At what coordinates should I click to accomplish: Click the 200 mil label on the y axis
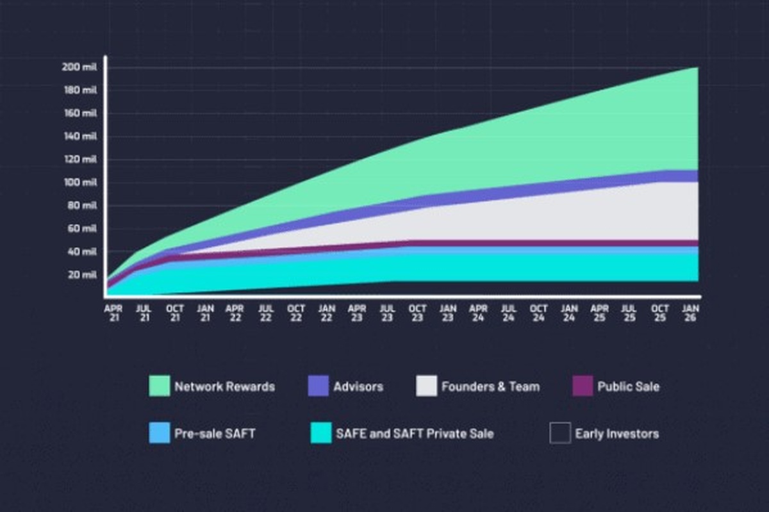tap(79, 67)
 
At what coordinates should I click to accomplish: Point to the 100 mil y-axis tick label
tap(79, 183)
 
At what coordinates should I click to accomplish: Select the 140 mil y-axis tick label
tap(79, 136)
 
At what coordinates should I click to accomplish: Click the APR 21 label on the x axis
tap(113, 313)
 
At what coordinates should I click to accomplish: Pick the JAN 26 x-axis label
tap(691, 313)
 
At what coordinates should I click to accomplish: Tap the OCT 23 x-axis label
tap(417, 313)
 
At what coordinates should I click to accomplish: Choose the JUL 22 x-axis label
tap(265, 313)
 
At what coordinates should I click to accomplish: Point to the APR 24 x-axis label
tap(478, 313)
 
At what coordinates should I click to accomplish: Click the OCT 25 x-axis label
tap(660, 313)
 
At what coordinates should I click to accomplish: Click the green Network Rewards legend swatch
tap(160, 386)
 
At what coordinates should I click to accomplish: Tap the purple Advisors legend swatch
tap(318, 386)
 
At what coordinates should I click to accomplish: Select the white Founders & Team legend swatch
tap(426, 386)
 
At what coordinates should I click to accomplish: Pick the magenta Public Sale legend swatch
tap(583, 386)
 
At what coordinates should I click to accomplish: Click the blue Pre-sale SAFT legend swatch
tap(160, 433)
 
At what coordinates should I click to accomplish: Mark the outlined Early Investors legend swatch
tap(559, 433)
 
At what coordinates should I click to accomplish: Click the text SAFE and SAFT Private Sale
tap(415, 434)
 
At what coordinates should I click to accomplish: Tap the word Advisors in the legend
tap(358, 387)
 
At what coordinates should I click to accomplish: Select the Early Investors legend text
tap(616, 434)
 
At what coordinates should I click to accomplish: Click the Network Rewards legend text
tap(224, 387)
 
